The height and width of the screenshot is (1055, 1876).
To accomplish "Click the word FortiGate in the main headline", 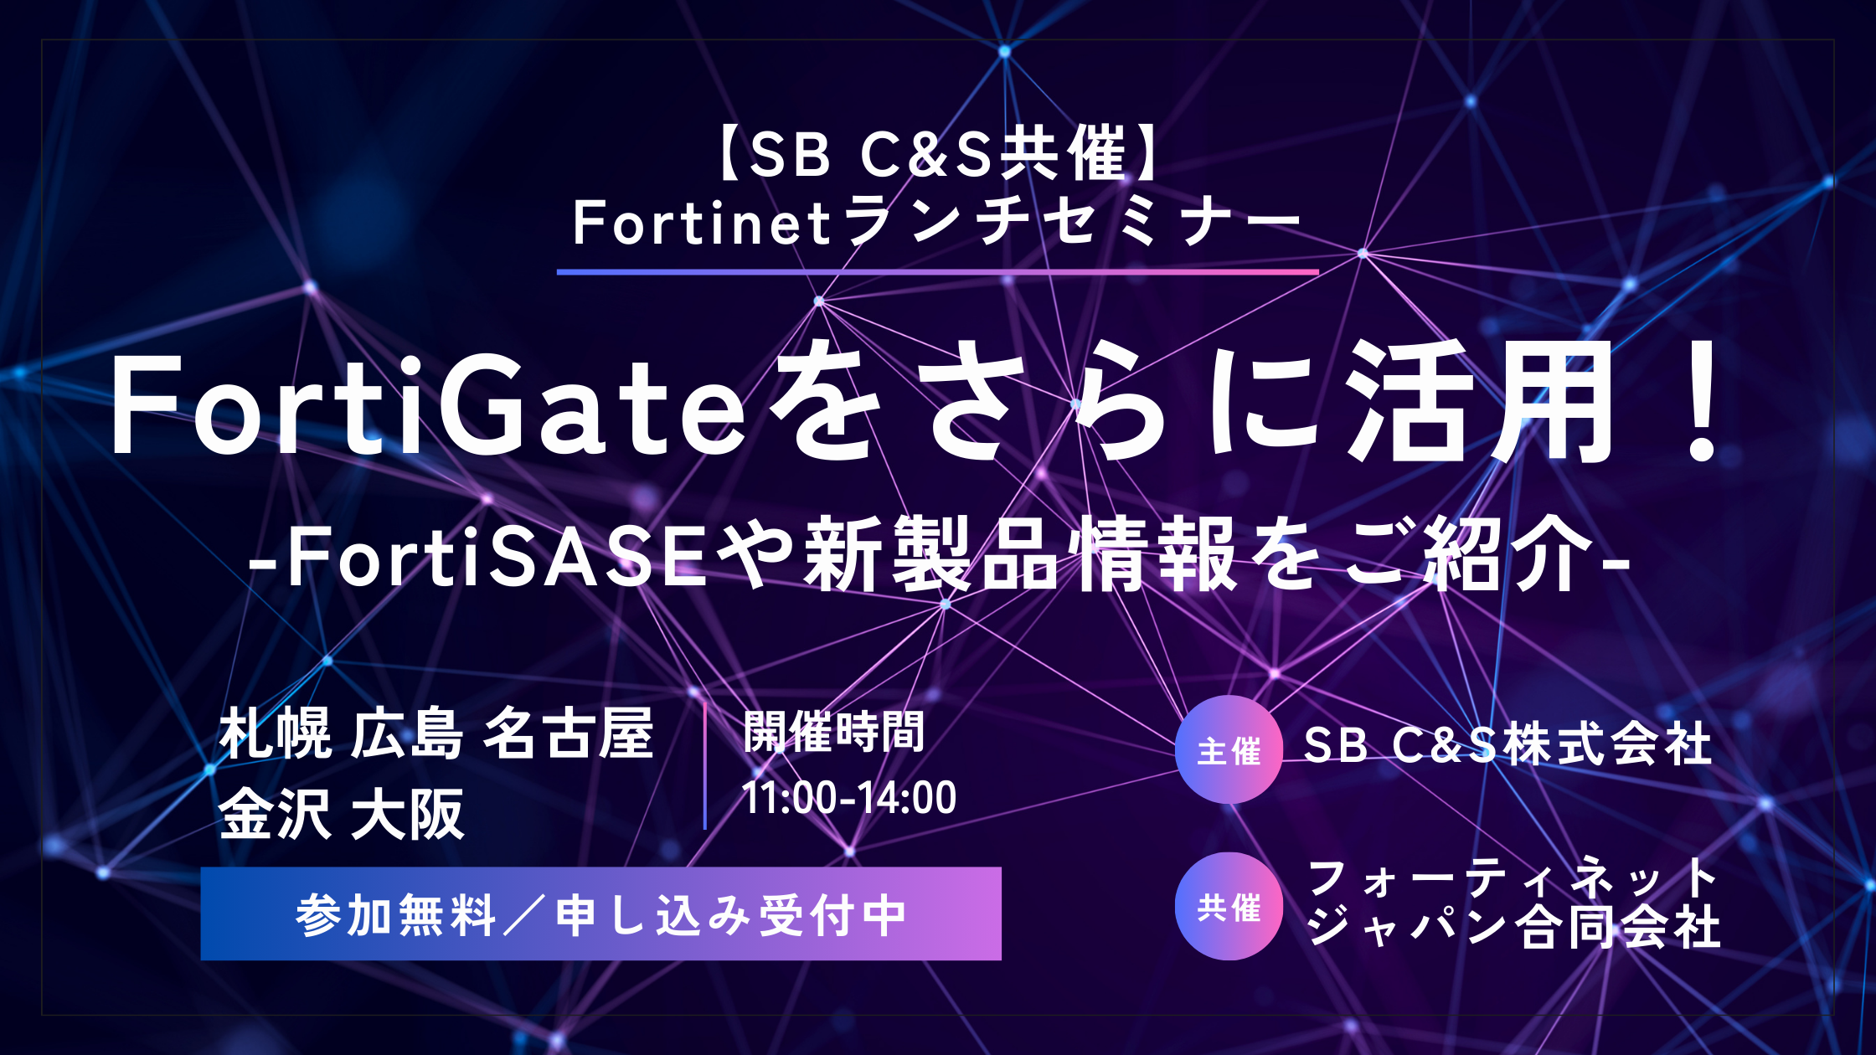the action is pyautogui.click(x=428, y=406).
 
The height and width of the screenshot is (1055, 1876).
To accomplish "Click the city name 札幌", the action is pyautogui.click(x=276, y=734).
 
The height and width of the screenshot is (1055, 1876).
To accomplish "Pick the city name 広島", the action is pyautogui.click(x=407, y=734).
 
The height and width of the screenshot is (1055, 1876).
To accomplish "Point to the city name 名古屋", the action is pyautogui.click(x=569, y=733).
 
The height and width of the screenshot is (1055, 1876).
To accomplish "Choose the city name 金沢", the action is pyautogui.click(x=276, y=813).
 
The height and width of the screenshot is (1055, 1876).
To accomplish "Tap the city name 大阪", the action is pyautogui.click(x=407, y=813).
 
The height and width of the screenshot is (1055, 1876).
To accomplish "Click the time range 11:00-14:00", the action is pyautogui.click(x=848, y=797).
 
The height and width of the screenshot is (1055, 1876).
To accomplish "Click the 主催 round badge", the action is pyautogui.click(x=1229, y=749).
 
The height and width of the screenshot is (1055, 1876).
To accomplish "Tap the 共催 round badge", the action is pyautogui.click(x=1229, y=906).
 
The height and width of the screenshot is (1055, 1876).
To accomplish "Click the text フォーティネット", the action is pyautogui.click(x=1513, y=879).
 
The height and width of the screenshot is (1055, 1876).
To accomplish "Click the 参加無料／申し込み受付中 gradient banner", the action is pyautogui.click(x=601, y=913).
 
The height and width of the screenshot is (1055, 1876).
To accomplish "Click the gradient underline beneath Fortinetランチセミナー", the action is pyautogui.click(x=938, y=272).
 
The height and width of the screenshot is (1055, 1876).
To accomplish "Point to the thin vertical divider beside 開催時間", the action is pyautogui.click(x=705, y=765).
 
